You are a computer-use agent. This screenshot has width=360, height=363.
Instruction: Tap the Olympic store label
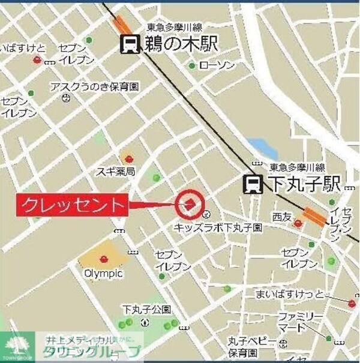103,273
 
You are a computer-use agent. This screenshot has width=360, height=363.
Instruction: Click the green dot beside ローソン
192,65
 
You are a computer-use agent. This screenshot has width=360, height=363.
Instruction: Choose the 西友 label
281,216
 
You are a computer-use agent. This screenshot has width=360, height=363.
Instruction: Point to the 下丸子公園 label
146,310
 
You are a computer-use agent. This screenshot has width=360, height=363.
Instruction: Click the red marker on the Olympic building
104,259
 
